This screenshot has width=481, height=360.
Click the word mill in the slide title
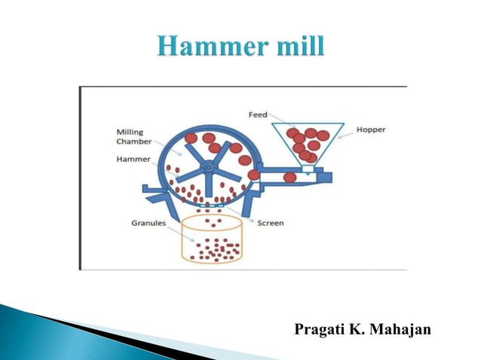tap(299, 47)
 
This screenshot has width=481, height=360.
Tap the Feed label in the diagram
tap(258, 114)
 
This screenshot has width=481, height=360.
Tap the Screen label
tap(271, 224)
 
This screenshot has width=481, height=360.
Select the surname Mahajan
tap(400, 330)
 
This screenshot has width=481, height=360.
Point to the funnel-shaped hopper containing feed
tap(306, 143)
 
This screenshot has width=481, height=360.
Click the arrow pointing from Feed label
tap(283, 122)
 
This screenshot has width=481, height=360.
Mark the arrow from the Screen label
tap(239, 215)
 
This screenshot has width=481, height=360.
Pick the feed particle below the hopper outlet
tap(290, 178)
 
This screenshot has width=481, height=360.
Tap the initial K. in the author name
tap(358, 330)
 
